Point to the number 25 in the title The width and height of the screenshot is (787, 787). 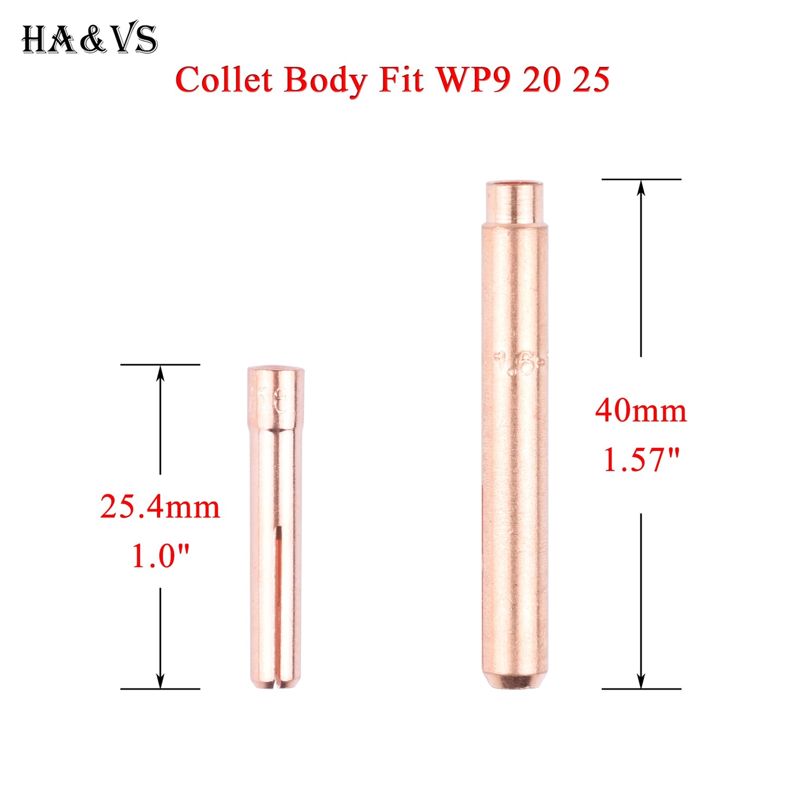coord(591,81)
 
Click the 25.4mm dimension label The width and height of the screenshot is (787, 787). coord(160,507)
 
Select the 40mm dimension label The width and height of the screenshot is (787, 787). coord(641,411)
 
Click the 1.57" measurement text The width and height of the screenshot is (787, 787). coord(641,460)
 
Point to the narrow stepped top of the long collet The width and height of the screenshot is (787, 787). coord(515,202)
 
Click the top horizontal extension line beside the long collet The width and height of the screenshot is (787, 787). coord(641,179)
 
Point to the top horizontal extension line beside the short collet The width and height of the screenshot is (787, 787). coord(160,364)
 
